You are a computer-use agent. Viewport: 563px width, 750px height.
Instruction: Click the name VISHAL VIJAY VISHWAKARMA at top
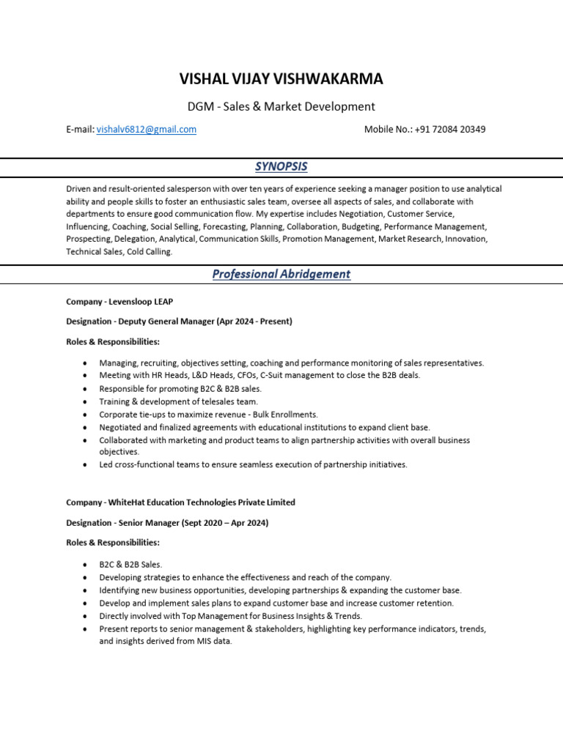[x=281, y=79]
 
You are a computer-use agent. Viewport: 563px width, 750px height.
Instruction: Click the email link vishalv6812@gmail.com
[x=147, y=130]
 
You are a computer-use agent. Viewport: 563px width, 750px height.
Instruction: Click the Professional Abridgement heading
[x=281, y=274]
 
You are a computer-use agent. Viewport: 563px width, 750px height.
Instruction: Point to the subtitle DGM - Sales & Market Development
[x=281, y=106]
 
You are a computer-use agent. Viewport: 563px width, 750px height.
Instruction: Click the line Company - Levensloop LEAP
[x=119, y=301]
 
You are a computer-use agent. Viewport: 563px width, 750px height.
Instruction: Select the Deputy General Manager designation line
[x=179, y=321]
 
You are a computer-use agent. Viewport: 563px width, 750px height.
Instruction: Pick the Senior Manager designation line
[x=167, y=522]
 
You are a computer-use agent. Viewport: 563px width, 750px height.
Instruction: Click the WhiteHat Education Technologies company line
[x=180, y=502]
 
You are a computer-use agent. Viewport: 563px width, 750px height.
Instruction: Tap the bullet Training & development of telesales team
[x=179, y=401]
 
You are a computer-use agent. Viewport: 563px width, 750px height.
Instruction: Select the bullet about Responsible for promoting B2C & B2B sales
[x=180, y=388]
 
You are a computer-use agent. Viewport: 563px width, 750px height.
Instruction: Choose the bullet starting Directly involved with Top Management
[x=231, y=616]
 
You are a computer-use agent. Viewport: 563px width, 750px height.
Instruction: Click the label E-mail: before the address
[x=80, y=130]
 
